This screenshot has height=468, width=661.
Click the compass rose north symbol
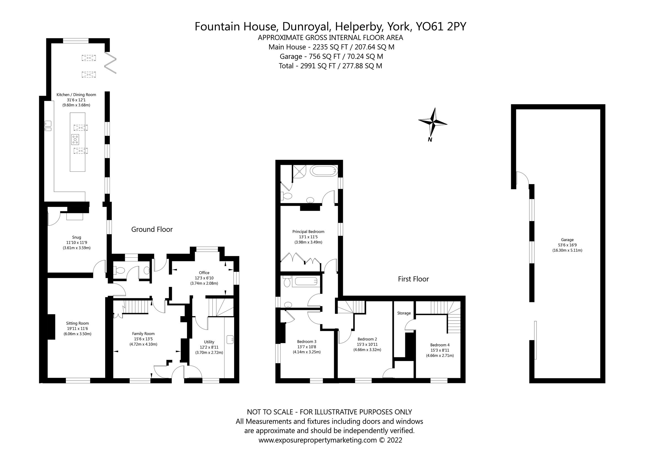[x=432, y=123]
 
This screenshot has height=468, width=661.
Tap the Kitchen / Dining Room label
[x=76, y=95]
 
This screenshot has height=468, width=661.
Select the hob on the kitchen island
[x=75, y=139]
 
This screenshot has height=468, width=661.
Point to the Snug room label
[x=77, y=237]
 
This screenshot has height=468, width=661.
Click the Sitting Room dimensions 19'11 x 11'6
[x=77, y=329]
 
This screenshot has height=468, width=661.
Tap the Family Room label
[x=143, y=334]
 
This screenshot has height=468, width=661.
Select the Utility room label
[x=209, y=342]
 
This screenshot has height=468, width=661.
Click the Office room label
[x=204, y=273]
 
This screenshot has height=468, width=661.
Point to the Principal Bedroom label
[x=308, y=232]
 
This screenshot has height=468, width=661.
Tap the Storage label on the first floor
[x=404, y=313]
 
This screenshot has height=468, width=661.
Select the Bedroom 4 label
[x=440, y=345]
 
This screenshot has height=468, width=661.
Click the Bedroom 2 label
[x=367, y=339]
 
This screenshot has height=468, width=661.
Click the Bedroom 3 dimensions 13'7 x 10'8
[x=307, y=347]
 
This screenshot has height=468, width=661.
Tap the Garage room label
[x=567, y=240]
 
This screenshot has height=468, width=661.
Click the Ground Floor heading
[x=152, y=229]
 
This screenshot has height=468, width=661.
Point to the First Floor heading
[x=413, y=279]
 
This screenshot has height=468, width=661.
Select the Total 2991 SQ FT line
[x=330, y=66]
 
